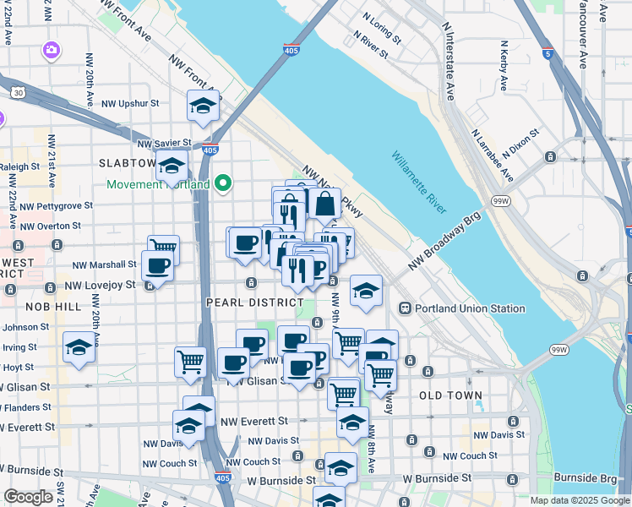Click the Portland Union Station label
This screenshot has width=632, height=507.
tap(467, 308)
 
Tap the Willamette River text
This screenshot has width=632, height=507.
tap(419, 183)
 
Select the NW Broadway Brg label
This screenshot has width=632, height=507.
tap(444, 241)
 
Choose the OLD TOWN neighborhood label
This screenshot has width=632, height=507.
tap(450, 395)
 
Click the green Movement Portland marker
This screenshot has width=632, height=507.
tap(224, 183)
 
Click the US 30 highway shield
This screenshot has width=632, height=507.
tap(17, 91)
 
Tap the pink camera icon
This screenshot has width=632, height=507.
tap(52, 51)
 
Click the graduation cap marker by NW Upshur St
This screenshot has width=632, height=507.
tap(203, 106)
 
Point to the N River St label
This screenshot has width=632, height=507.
tap(371, 46)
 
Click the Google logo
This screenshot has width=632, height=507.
tap(28, 497)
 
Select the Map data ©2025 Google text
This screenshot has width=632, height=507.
tap(579, 500)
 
